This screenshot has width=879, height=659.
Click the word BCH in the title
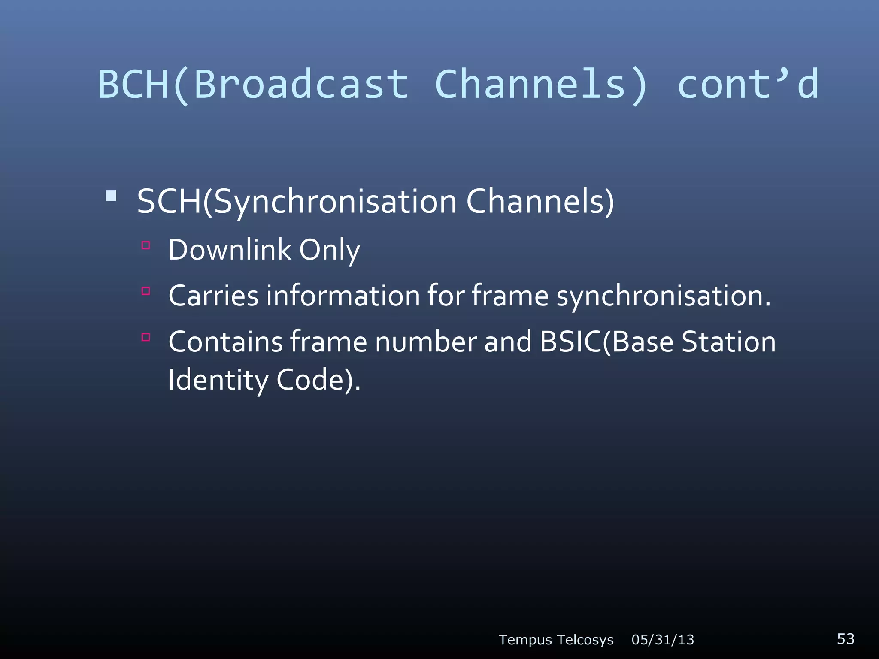coord(133,84)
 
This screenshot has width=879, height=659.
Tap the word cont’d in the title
coord(748,84)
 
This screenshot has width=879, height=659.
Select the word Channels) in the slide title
coord(542,84)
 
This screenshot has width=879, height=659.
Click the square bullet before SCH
coord(111,196)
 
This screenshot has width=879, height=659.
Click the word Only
coord(329,250)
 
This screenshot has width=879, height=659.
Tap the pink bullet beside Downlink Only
coord(146,245)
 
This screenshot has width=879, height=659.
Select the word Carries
coord(213,296)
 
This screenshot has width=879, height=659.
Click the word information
coord(343,296)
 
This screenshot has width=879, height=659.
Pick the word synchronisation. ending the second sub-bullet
coord(664,296)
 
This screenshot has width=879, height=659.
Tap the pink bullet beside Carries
coord(146,291)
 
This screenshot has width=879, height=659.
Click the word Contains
coord(225,342)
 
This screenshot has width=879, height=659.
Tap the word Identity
coord(218,380)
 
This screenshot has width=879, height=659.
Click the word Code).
coord(318,380)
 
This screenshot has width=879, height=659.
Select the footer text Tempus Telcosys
coord(556,640)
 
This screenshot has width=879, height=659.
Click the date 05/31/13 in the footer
coord(663,640)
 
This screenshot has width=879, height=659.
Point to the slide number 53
coord(846,639)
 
